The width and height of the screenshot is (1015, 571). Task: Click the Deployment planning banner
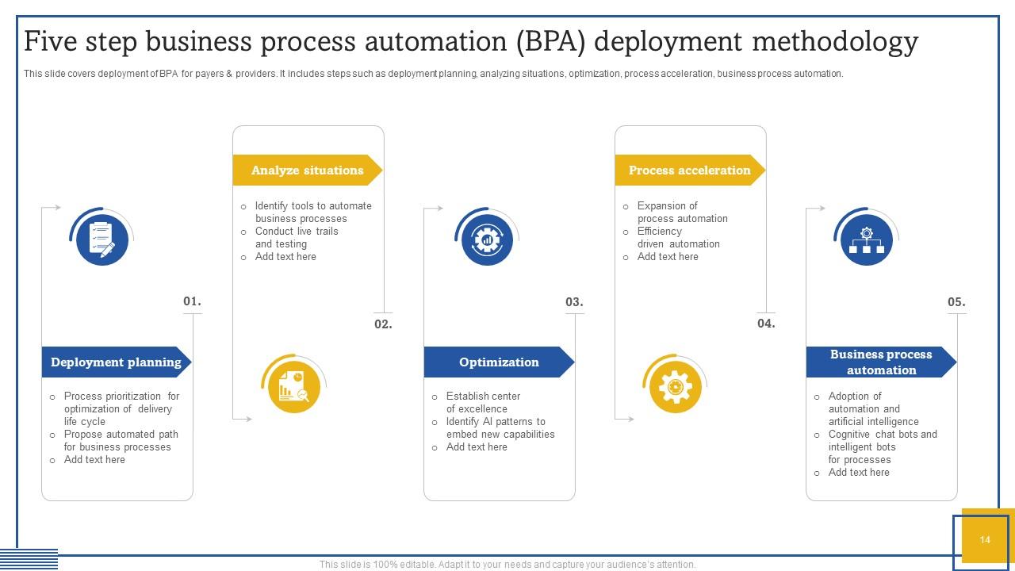click(116, 362)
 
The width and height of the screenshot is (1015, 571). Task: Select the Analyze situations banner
click(307, 171)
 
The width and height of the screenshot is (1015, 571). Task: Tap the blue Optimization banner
click(498, 362)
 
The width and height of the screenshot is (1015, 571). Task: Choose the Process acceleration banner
click(689, 171)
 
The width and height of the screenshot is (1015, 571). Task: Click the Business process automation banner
click(880, 362)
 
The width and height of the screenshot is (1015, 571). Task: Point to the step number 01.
click(192, 301)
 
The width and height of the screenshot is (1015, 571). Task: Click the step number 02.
click(383, 324)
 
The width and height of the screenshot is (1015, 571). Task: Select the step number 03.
click(574, 302)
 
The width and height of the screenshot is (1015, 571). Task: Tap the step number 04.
click(765, 324)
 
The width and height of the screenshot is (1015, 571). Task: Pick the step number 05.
click(956, 302)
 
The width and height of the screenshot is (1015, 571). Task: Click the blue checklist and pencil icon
click(101, 240)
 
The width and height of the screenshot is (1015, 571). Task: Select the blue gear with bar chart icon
click(486, 240)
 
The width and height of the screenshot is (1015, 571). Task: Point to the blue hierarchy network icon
click(866, 240)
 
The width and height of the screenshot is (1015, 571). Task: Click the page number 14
click(984, 540)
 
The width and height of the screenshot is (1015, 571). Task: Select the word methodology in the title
click(834, 41)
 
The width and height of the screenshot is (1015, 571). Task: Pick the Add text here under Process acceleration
click(668, 257)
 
